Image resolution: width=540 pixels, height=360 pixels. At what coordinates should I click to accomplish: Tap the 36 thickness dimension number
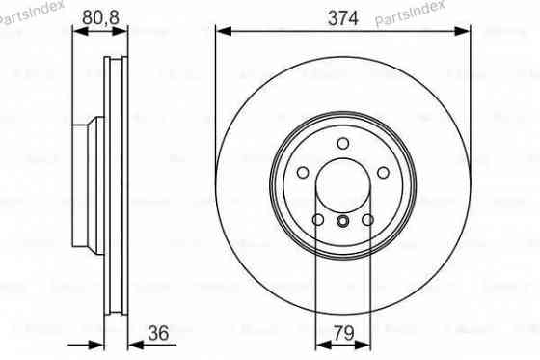[x=159, y=334]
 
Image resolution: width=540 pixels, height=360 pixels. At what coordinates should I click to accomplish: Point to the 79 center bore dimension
[x=342, y=334]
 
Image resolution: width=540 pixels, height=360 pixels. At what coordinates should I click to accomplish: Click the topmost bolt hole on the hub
[x=343, y=144]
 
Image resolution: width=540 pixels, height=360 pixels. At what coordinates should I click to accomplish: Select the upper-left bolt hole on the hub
[x=302, y=174]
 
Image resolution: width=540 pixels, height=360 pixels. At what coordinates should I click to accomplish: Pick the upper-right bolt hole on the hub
[x=384, y=174]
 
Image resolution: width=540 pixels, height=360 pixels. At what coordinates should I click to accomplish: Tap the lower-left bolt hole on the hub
[x=318, y=221]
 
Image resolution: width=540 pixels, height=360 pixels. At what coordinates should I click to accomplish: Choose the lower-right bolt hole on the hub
[x=368, y=221]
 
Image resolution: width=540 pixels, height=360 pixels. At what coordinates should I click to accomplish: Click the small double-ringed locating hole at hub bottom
[x=343, y=223]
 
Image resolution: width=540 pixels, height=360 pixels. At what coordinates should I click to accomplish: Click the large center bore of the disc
[x=343, y=186]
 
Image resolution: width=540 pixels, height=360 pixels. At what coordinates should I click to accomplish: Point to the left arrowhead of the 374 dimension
[x=222, y=32]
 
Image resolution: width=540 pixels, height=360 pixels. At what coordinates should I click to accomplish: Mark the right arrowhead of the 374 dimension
[x=465, y=32]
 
